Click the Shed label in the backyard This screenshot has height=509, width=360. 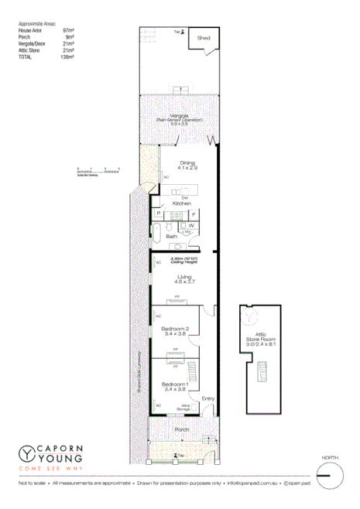204,36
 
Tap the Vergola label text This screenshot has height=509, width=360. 180,115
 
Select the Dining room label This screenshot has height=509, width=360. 187,162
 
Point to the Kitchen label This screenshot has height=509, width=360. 182,203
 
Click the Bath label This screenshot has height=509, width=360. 160,237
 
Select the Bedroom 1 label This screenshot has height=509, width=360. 175,384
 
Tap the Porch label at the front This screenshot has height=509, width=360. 181,429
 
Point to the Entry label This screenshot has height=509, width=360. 207,399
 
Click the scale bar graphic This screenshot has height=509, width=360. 98,171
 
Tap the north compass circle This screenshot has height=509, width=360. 330,474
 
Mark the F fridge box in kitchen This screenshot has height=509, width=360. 194,214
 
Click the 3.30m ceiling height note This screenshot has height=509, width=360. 184,261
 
